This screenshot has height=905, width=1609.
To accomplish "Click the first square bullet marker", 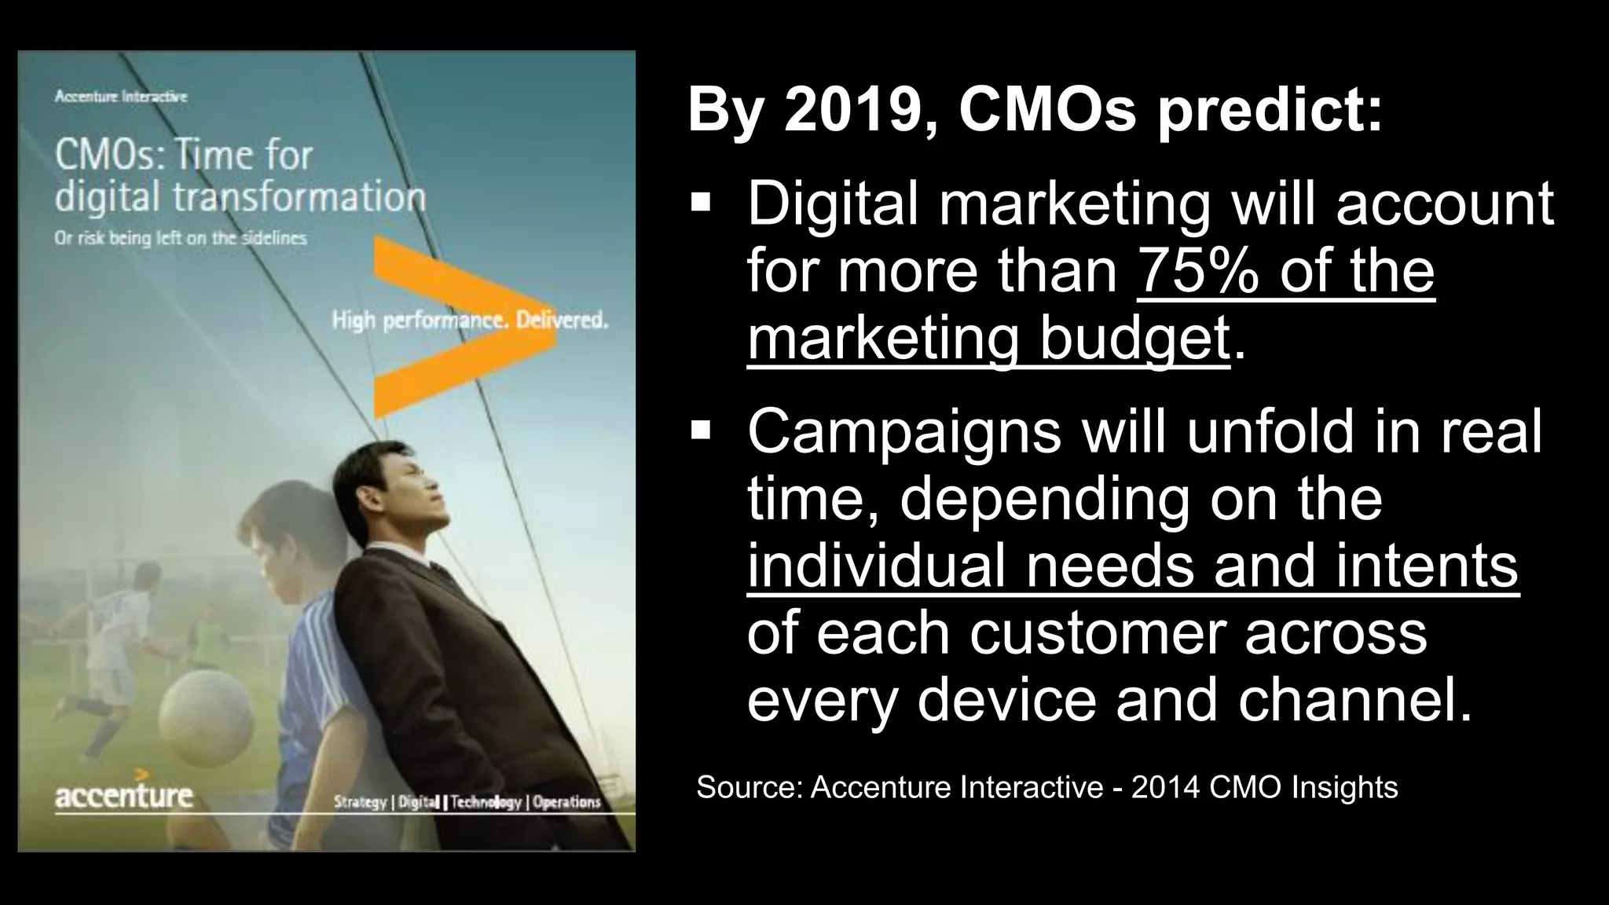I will click(700, 203).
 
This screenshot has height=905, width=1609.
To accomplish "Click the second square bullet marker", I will click(700, 431).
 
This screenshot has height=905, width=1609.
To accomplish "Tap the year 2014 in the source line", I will click(1164, 787).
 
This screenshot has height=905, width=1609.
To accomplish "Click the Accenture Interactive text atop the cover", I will click(121, 97).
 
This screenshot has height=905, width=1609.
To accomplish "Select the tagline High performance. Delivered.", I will click(470, 321).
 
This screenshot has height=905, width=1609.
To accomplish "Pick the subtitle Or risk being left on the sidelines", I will click(181, 238).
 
